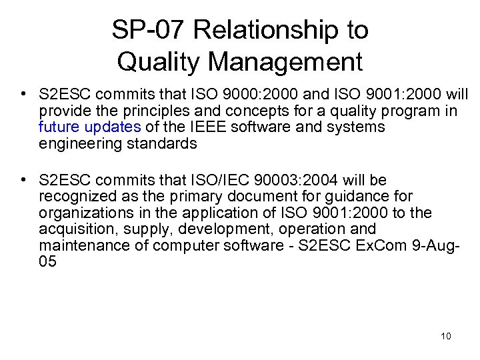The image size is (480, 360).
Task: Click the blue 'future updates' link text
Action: point(89,127)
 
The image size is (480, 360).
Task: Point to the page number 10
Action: point(445,335)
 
